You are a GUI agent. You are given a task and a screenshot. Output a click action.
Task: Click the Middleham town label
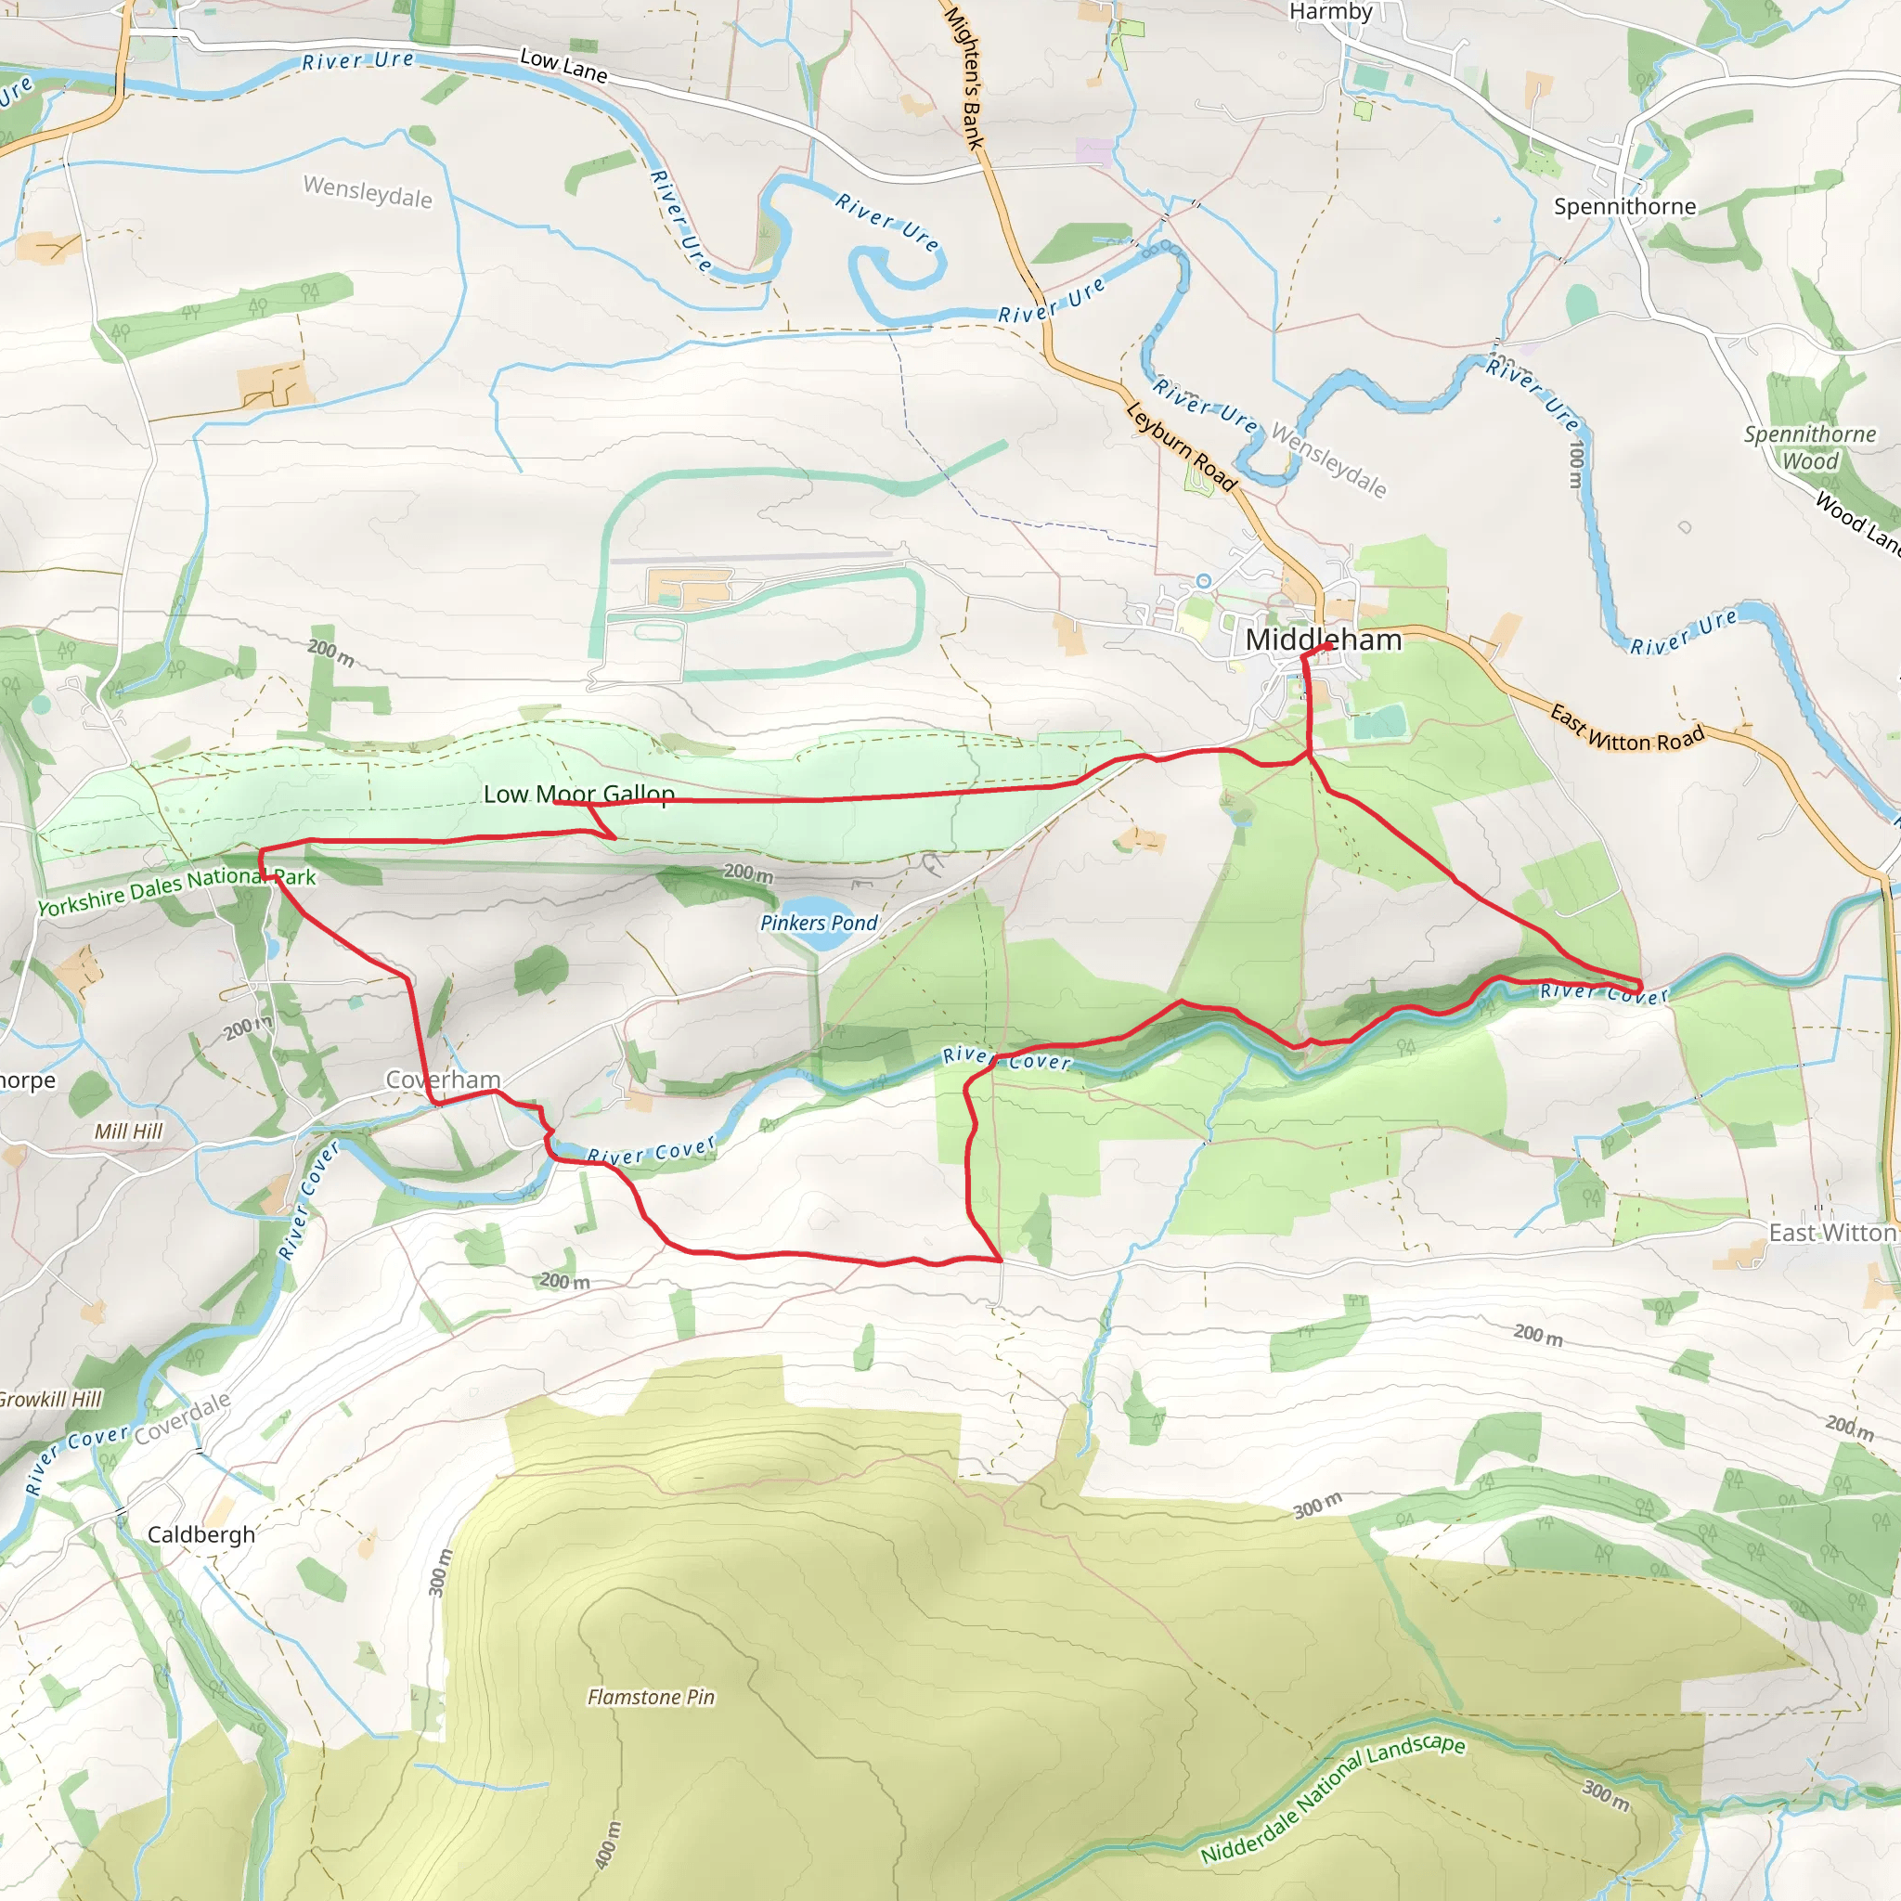click(x=1323, y=640)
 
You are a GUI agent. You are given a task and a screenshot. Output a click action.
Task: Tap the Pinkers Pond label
click(x=818, y=923)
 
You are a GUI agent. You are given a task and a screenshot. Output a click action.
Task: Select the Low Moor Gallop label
click(x=578, y=794)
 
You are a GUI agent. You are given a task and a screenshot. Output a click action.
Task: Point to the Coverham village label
click(x=443, y=1080)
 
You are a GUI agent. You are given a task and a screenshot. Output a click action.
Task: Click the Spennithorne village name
click(x=1624, y=207)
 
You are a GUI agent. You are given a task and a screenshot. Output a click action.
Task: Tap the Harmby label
click(x=1330, y=12)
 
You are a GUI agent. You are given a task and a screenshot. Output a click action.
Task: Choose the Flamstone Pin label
click(x=651, y=1698)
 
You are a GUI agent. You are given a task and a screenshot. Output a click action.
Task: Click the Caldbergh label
click(x=200, y=1535)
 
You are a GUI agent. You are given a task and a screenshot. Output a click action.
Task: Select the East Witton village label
click(x=1831, y=1233)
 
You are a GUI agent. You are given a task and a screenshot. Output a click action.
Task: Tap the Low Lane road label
click(x=563, y=65)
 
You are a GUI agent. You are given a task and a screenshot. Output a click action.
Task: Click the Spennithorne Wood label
click(x=1809, y=447)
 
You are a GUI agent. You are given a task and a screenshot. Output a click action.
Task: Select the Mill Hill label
click(x=128, y=1132)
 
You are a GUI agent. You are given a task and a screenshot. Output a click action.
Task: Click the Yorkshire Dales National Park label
click(x=176, y=888)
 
